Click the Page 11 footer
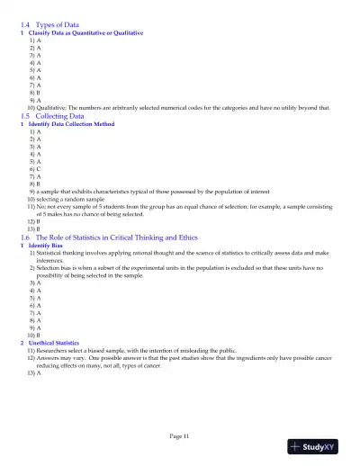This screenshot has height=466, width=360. tap(179, 435)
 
